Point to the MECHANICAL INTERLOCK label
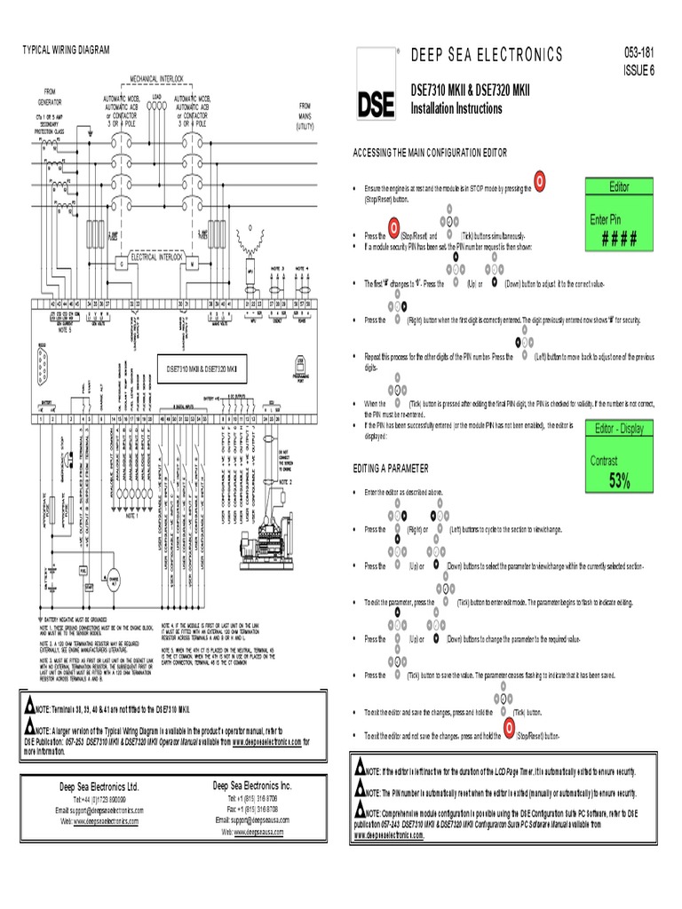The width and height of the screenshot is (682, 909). [x=159, y=78]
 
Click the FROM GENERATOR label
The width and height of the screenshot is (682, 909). [x=48, y=97]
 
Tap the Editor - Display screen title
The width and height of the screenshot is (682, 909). [x=619, y=429]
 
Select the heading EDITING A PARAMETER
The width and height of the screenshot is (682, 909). [x=391, y=468]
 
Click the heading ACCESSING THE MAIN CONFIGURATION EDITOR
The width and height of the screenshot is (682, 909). [x=430, y=154]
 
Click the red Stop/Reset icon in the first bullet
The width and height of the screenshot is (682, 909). [x=539, y=182]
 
